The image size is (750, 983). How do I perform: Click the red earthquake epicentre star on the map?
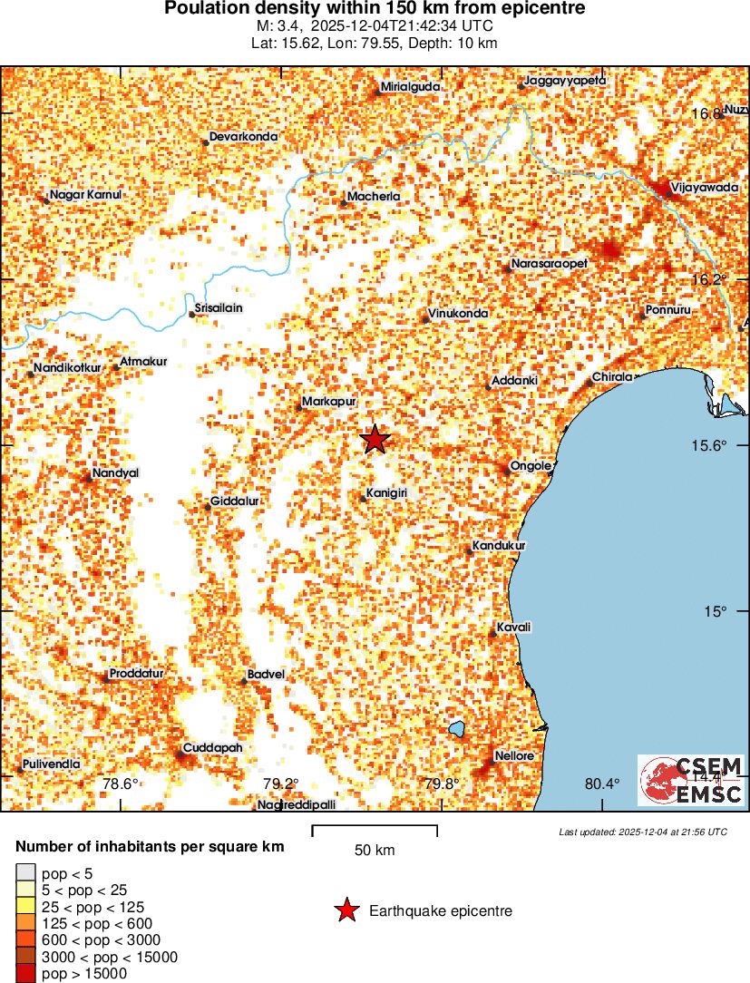[375, 440]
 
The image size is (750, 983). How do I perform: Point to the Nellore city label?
[514, 755]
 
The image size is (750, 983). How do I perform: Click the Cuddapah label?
[212, 747]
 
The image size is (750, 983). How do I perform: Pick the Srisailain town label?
[219, 307]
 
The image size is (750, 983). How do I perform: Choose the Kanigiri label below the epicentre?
[385, 493]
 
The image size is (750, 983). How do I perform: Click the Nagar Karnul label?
[85, 195]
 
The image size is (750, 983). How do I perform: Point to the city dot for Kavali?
[493, 632]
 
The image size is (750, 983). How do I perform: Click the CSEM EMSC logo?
[691, 780]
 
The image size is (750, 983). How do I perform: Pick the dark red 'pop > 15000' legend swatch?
[25, 974]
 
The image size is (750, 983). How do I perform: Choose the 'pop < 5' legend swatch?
[25, 873]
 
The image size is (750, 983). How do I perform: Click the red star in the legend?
[346, 910]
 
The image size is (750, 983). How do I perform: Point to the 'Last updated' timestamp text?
[642, 832]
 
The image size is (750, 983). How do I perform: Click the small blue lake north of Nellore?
[456, 728]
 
